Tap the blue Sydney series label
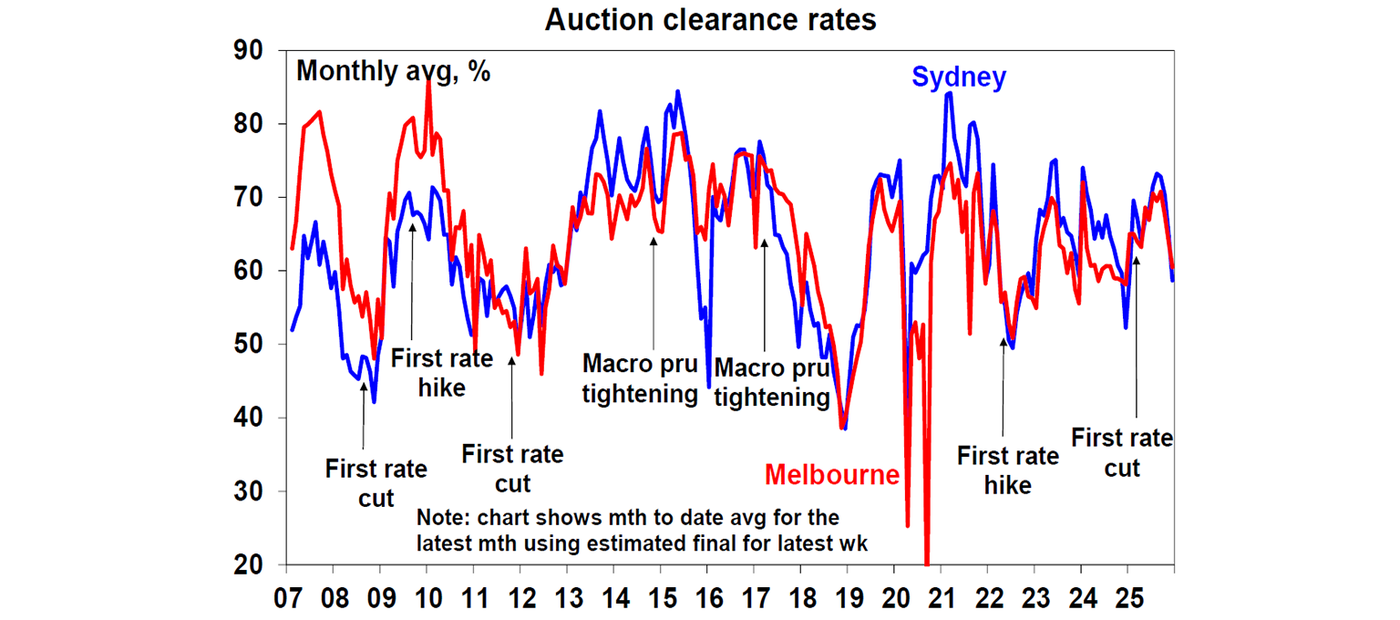click(959, 77)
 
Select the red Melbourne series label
click(831, 475)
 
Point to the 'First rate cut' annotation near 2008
click(376, 483)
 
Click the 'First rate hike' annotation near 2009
click(441, 372)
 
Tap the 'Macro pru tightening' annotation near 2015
click(640, 379)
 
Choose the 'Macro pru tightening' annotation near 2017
click(771, 383)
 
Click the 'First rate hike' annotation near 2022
click(1007, 470)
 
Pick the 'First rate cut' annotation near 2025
click(1122, 452)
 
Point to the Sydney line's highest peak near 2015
click(677, 91)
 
